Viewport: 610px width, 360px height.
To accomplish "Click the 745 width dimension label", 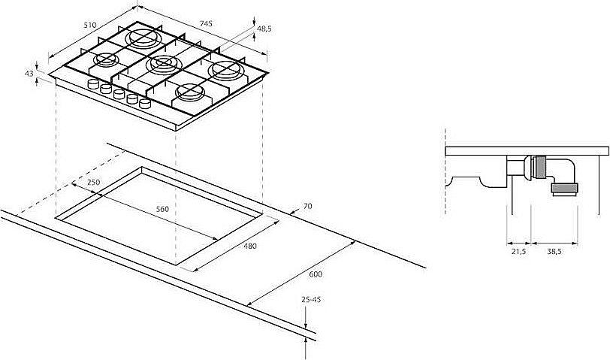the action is coord(206,23).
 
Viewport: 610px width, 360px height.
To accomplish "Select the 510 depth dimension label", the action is coord(90,25).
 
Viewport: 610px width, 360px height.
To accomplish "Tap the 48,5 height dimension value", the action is coord(264,29).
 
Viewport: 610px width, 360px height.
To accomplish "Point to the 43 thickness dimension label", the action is coord(29,73).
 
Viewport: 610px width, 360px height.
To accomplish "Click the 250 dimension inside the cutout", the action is coord(93,182).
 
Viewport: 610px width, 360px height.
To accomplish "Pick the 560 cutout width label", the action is coord(162,209).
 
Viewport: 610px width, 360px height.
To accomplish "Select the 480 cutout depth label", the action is coord(250,246).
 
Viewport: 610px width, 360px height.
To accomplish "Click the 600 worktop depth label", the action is coord(316,274).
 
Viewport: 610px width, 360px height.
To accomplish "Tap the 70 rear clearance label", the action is coord(307,206).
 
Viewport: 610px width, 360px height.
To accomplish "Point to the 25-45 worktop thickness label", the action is coord(311,299).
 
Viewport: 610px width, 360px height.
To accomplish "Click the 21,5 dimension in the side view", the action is coord(518,252).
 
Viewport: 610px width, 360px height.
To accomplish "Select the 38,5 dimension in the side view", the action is coord(554,252).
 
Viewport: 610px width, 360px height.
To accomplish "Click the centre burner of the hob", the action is coord(164,64).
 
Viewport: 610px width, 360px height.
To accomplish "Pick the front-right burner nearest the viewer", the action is coord(190,92).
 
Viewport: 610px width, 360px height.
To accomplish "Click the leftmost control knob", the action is coord(93,83).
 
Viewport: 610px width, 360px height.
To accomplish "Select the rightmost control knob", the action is coord(145,103).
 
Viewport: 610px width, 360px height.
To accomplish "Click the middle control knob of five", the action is coord(119,94).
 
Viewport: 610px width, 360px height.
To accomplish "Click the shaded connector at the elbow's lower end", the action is coord(564,189).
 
